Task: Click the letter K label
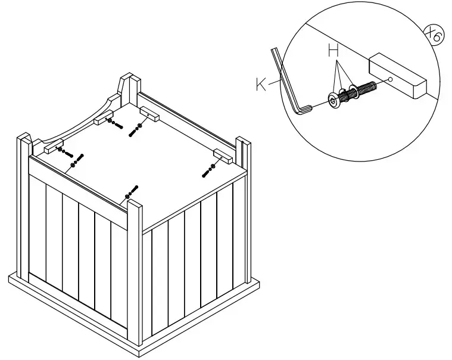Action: (261, 85)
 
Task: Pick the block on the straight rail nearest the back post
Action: (149, 113)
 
